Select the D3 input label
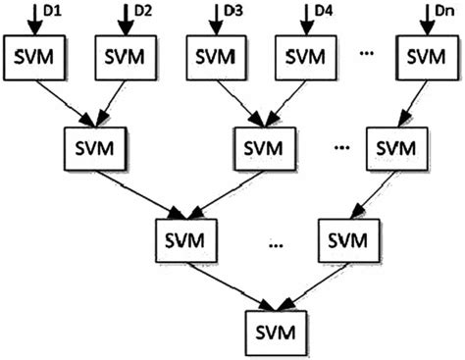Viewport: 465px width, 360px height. (233, 14)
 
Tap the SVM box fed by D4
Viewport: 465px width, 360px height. (305, 59)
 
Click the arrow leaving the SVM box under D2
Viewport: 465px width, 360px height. (111, 103)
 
